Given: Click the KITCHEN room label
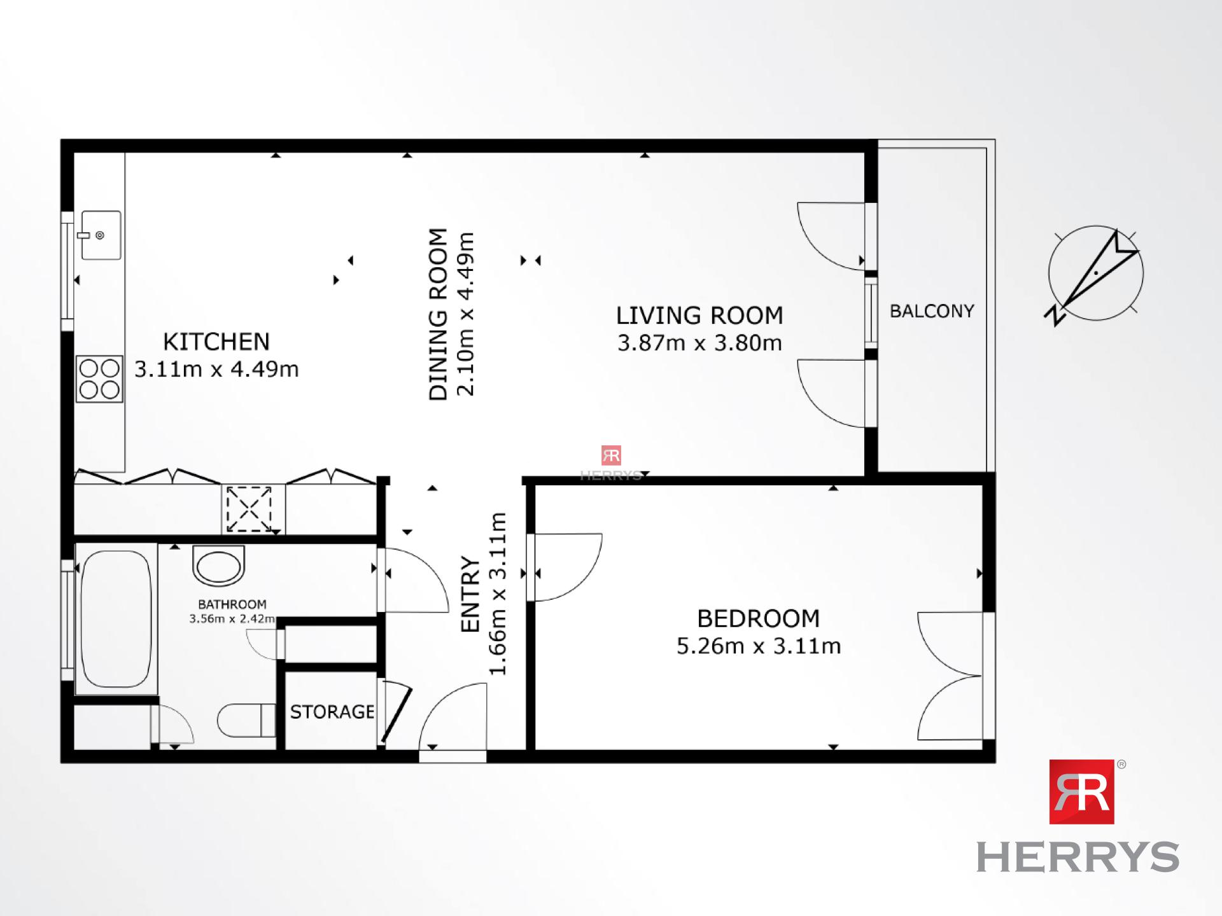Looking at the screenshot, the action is pyautogui.click(x=216, y=342).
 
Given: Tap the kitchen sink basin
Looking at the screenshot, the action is pyautogui.click(x=101, y=235).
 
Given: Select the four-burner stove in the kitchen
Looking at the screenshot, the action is pyautogui.click(x=99, y=379).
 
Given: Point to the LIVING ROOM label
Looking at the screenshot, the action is pyautogui.click(x=699, y=316).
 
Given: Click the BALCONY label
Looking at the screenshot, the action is pyautogui.click(x=932, y=311).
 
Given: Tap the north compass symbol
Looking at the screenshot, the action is pyautogui.click(x=1095, y=274).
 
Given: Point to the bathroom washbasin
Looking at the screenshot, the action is pyautogui.click(x=218, y=565).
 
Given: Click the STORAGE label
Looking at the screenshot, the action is pyautogui.click(x=332, y=712).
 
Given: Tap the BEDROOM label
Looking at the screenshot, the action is pyautogui.click(x=758, y=618).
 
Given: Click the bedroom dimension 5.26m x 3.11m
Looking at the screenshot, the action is pyautogui.click(x=758, y=646).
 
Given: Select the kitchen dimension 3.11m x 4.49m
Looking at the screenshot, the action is pyautogui.click(x=216, y=370).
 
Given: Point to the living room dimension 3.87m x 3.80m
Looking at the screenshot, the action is pyautogui.click(x=699, y=343).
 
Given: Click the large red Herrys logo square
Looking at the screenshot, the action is pyautogui.click(x=1081, y=792).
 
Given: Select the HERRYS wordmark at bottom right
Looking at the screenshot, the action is pyautogui.click(x=1078, y=857).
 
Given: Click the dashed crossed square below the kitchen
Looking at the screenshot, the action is pyautogui.click(x=249, y=509).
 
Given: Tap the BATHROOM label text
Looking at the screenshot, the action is pyautogui.click(x=232, y=604).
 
